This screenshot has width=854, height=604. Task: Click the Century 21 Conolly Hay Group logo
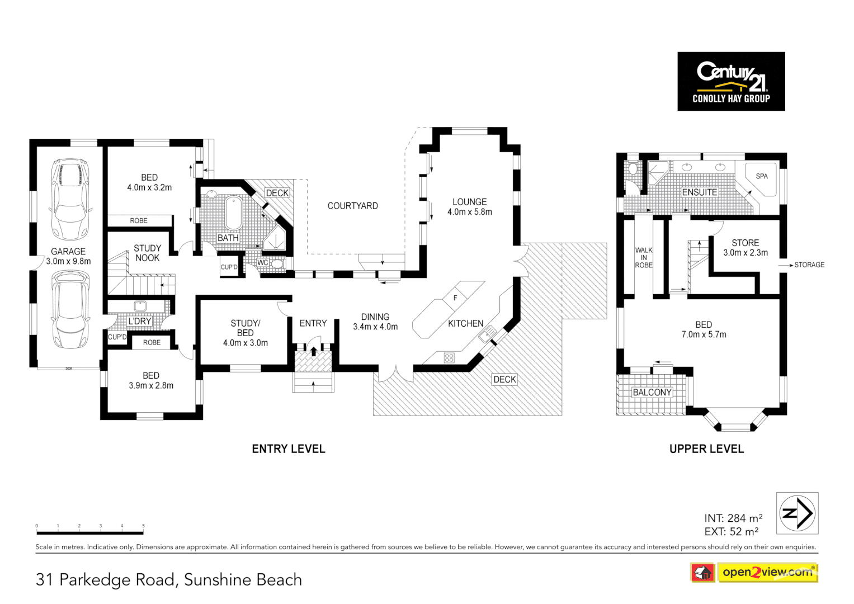click(x=730, y=81)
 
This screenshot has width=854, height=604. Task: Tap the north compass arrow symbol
click(x=797, y=513)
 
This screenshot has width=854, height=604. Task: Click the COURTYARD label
click(x=352, y=206)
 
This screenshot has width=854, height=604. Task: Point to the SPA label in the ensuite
click(x=761, y=176)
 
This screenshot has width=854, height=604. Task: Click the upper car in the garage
click(x=70, y=199)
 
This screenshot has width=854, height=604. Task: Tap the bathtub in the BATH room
click(x=233, y=212)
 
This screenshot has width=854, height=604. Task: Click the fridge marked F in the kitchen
click(x=455, y=298)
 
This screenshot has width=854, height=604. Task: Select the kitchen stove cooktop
click(x=449, y=357)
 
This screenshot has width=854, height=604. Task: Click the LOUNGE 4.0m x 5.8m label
click(x=469, y=207)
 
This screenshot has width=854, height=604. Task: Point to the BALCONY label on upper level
click(x=652, y=392)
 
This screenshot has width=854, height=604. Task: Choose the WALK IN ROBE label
click(x=643, y=258)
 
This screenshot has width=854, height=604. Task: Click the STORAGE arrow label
click(x=809, y=265)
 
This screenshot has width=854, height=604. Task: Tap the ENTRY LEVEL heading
click(x=288, y=449)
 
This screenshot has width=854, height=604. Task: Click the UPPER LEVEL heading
click(x=706, y=449)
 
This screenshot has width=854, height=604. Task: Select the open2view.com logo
click(x=767, y=572)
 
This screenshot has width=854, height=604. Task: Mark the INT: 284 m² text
click(x=733, y=518)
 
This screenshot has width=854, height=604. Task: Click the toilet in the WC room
click(x=278, y=263)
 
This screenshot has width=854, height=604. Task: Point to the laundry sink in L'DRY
click(x=140, y=306)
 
